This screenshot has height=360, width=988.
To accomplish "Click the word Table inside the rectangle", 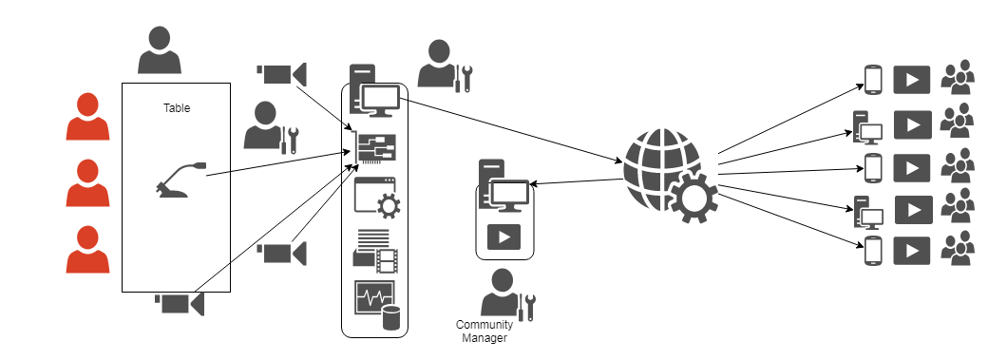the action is click(x=177, y=108).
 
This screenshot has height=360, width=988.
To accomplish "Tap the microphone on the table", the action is click(x=180, y=180).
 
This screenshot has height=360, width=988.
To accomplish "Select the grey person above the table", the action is click(x=160, y=49).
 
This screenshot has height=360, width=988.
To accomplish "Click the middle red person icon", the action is click(x=87, y=182).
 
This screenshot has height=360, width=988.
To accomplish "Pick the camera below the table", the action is click(x=180, y=304).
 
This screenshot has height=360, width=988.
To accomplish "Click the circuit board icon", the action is click(x=376, y=149).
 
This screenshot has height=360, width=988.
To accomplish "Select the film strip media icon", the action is click(x=375, y=252).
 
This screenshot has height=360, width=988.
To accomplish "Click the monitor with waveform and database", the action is click(x=377, y=305).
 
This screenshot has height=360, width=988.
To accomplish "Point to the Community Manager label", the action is click(x=484, y=332).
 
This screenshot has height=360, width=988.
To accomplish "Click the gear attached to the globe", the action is click(x=693, y=197).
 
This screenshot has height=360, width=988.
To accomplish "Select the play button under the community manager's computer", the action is click(x=504, y=237).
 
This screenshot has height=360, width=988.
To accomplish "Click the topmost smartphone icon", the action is click(x=873, y=80).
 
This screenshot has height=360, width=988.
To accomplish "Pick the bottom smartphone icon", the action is click(x=873, y=251).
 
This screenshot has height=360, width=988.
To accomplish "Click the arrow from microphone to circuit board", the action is click(x=278, y=163).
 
